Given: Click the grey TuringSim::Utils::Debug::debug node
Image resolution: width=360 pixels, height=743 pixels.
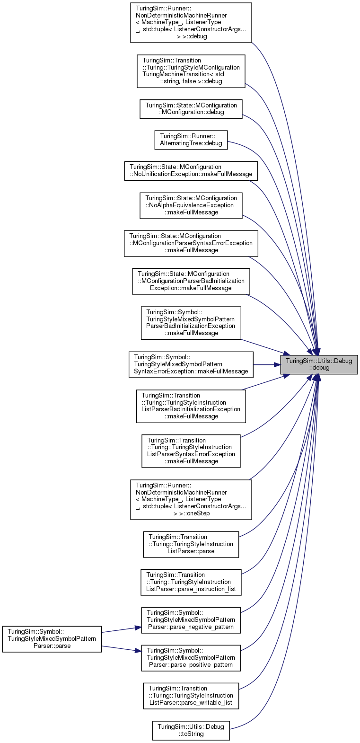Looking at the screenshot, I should click(x=319, y=364).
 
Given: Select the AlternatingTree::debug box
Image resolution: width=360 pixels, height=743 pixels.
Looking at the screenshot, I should click(x=191, y=140).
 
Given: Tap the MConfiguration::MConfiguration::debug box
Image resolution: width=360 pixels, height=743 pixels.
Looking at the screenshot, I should click(x=191, y=109).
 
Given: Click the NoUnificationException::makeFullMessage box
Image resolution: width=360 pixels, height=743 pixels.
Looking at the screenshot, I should click(x=191, y=170).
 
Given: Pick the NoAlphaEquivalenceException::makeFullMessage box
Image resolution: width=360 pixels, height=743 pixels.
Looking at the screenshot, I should click(x=191, y=205).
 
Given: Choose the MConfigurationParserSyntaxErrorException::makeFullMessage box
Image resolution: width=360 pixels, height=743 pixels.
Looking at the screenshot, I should click(x=191, y=243).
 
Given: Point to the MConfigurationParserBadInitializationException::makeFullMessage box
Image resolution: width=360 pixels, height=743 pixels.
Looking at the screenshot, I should click(x=191, y=281).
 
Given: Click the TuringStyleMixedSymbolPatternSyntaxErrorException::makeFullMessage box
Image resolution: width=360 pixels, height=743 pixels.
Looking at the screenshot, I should click(x=191, y=364).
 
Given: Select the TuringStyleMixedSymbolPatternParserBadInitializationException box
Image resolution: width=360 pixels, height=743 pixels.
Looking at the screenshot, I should click(x=191, y=323).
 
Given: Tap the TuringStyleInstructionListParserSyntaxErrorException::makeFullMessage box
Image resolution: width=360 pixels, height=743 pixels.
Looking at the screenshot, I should click(x=191, y=451).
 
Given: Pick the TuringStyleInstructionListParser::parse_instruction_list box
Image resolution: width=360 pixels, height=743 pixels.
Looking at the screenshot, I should click(x=191, y=582).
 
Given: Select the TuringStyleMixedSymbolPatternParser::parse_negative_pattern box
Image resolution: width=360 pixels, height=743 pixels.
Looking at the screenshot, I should click(x=191, y=620).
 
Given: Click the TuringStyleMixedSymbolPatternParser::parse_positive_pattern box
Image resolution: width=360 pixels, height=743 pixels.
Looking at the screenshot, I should click(x=191, y=658).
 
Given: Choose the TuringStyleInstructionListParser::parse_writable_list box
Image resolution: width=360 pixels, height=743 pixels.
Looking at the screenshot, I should click(x=191, y=696).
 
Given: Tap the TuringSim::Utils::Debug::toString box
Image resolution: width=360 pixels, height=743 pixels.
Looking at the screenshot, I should click(x=191, y=730).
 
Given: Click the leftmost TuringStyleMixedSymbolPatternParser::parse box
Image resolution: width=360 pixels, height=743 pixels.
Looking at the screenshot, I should click(x=52, y=639).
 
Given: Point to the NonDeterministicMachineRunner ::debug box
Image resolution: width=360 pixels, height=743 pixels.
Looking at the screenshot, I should click(x=191, y=23).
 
